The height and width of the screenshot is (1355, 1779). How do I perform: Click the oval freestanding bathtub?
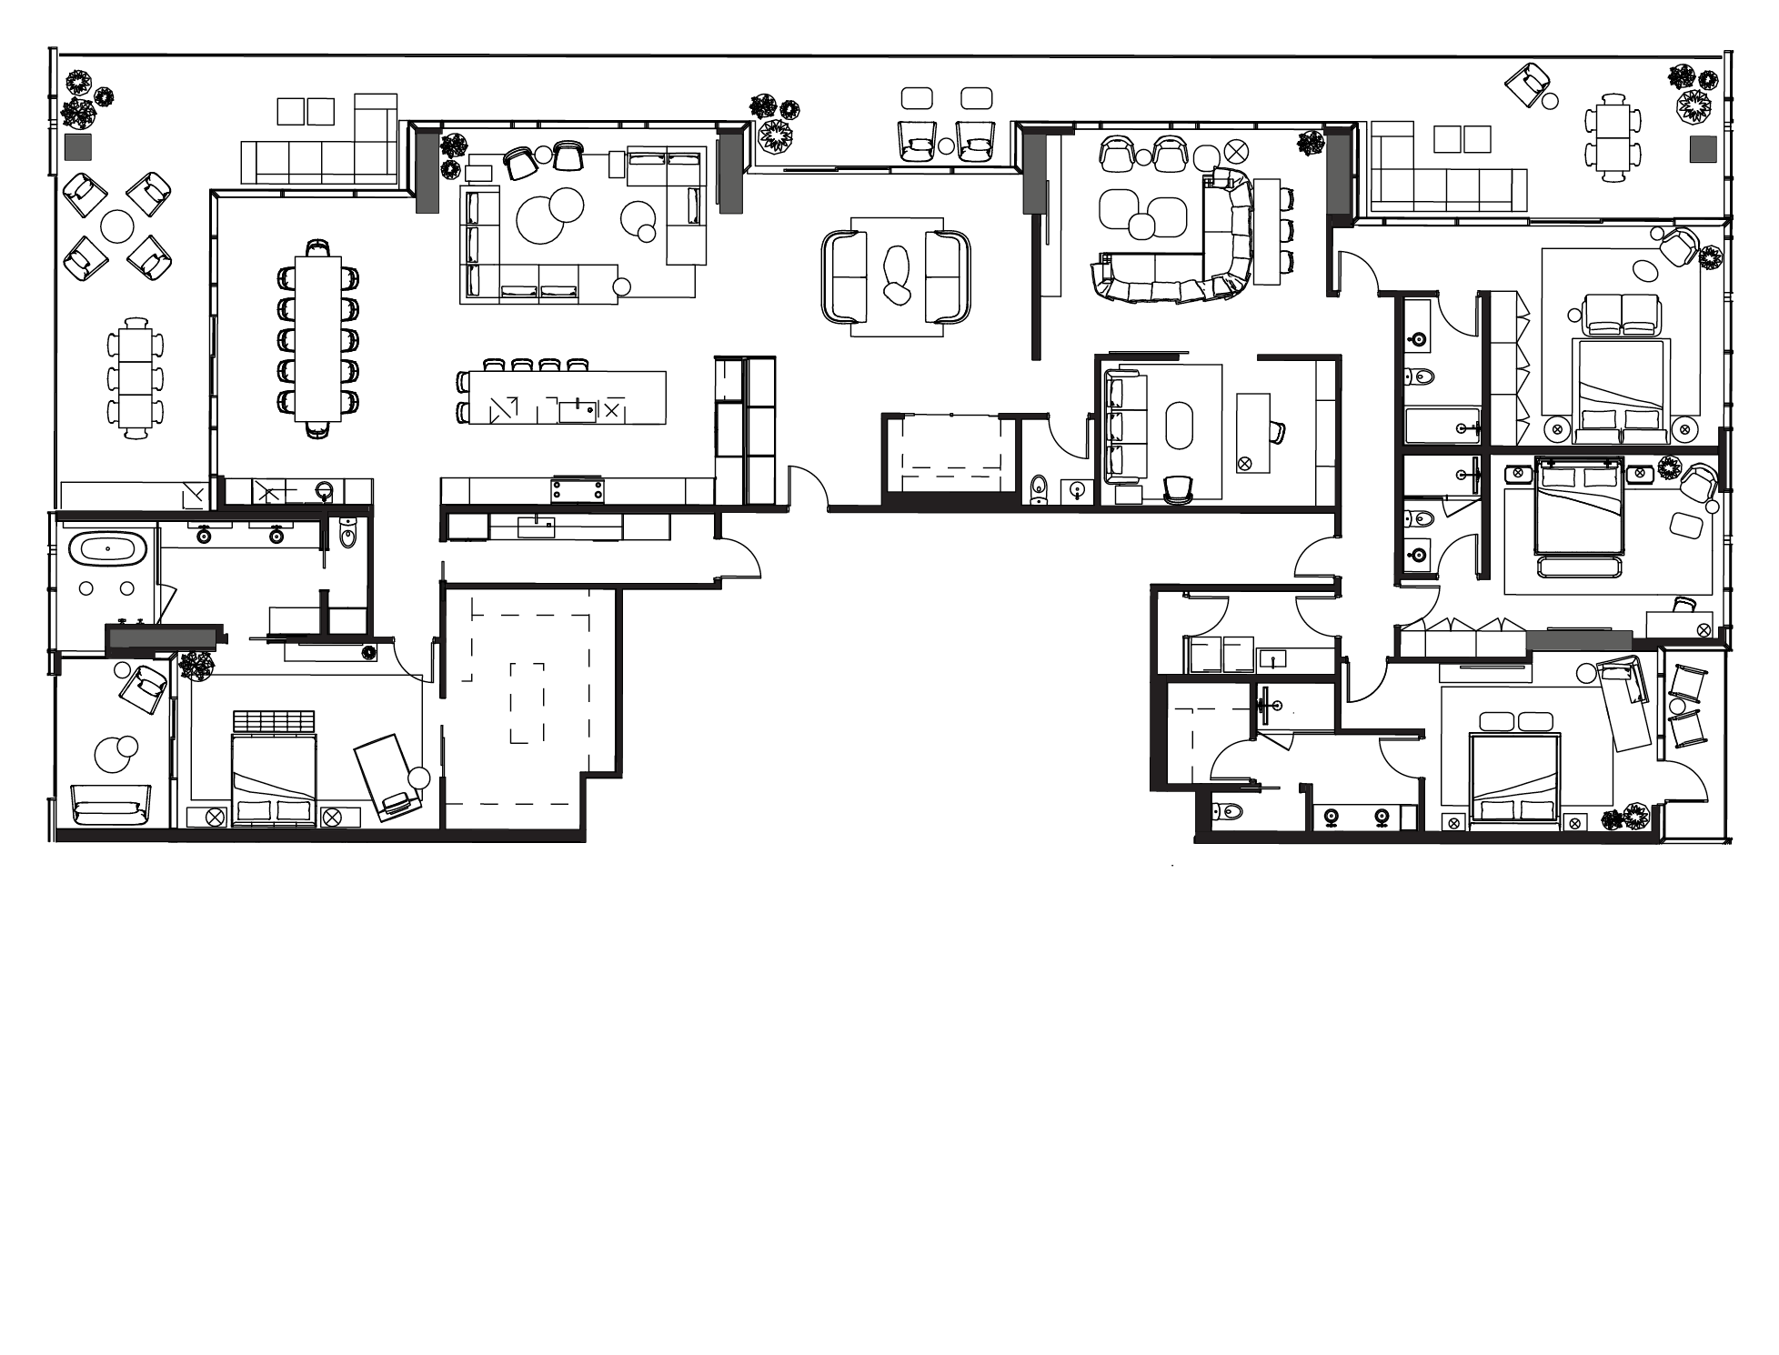coord(107,548)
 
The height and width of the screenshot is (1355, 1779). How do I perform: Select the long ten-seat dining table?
coord(317,338)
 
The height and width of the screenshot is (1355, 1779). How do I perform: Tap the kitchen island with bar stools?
coord(566,397)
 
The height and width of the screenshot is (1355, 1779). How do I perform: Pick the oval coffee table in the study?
coord(1180,425)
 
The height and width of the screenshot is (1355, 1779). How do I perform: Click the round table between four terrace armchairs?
coord(117,226)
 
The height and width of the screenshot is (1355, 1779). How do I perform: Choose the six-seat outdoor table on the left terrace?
coord(136,378)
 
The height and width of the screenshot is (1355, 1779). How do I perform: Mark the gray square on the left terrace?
coord(78,147)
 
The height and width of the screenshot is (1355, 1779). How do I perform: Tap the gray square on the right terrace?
coord(1703,149)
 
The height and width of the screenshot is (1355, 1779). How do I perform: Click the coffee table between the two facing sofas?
coord(896,274)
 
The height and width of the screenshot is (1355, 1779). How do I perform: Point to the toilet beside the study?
coord(1040,490)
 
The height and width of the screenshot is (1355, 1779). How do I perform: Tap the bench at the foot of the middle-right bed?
coord(1579,567)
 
